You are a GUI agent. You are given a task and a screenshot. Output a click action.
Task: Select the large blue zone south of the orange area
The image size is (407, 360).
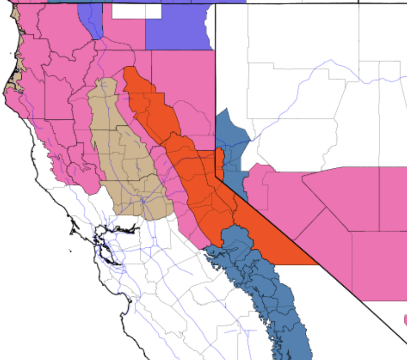pyautogui.click(x=263, y=283)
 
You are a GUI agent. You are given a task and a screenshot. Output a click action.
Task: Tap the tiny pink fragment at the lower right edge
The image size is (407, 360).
pyautogui.click(x=405, y=320)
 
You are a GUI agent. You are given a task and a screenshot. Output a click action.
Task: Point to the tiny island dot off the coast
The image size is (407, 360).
pyautogui.click(x=70, y=251)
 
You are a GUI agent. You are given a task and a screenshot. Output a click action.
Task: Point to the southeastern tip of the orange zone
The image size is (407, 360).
pyautogui.click(x=316, y=263)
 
